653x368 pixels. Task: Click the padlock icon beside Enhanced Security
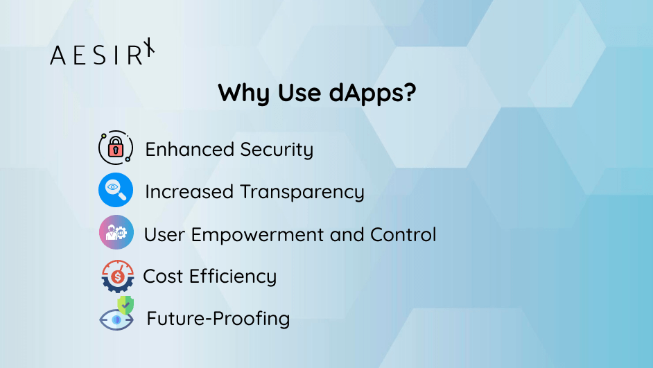point(115,148)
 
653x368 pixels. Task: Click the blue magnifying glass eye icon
point(115,190)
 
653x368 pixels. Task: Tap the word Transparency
point(302,193)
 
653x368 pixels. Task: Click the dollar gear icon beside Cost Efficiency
point(116,275)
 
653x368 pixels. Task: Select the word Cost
point(163,277)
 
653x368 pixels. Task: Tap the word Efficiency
point(232,277)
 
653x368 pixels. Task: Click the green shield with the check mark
point(125,305)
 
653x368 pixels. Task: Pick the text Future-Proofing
point(218,319)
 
